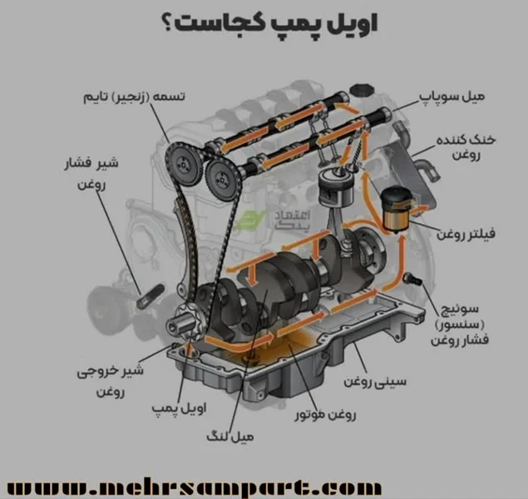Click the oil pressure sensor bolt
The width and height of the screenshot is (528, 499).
pyautogui.click(x=409, y=279)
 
